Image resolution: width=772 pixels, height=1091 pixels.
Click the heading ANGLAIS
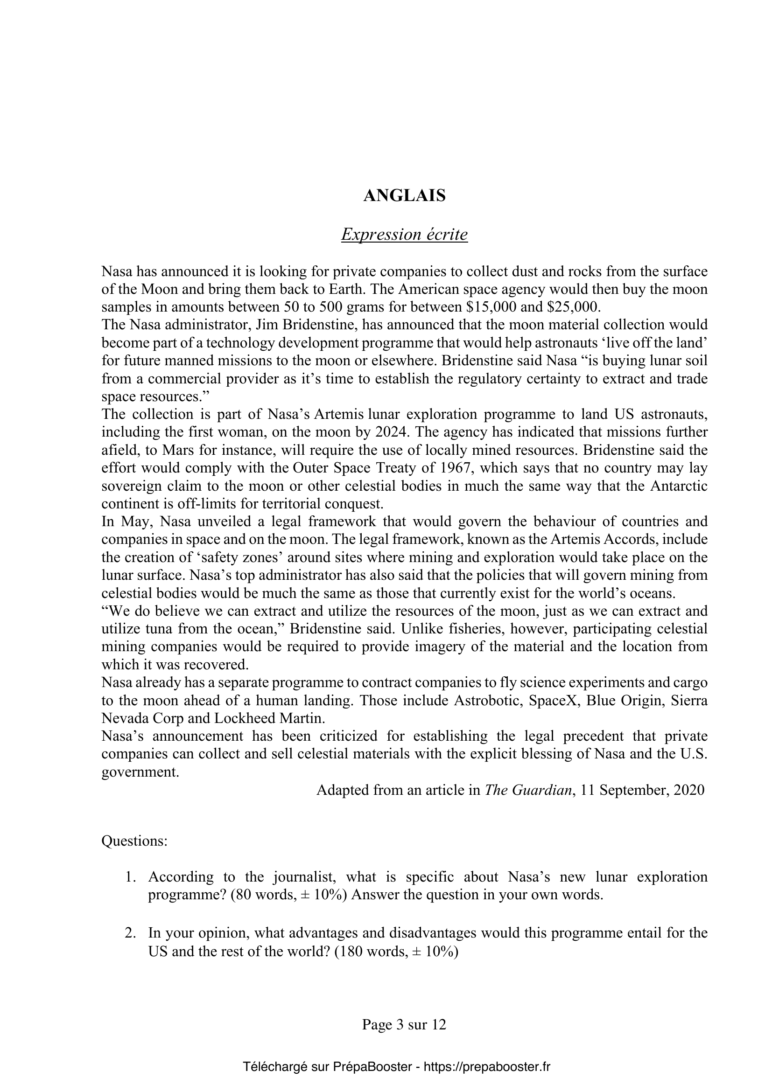tap(404, 196)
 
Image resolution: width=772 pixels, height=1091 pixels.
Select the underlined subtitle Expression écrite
tap(404, 235)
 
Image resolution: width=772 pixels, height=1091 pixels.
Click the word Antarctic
tap(678, 486)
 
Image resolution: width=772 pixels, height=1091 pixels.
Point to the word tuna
tap(161, 629)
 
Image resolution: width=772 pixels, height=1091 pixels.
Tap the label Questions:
tap(134, 841)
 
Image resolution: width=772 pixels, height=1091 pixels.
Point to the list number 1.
tap(130, 877)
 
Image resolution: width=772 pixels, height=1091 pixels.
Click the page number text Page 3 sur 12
tap(404, 1024)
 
